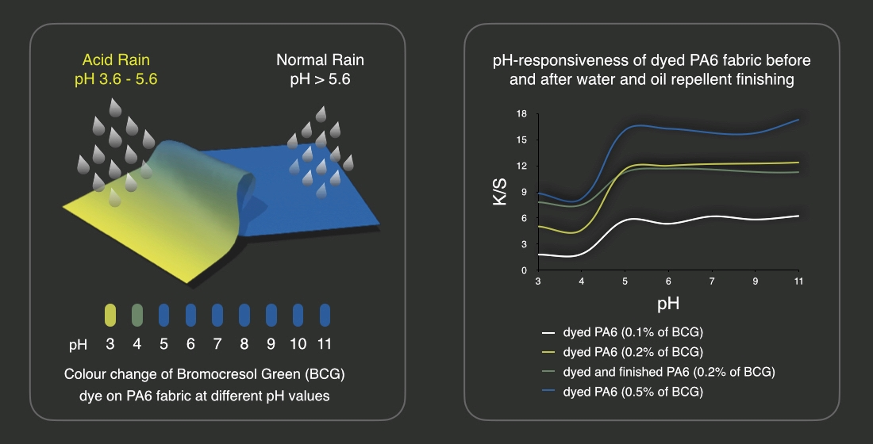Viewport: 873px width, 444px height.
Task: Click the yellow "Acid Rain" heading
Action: click(x=115, y=59)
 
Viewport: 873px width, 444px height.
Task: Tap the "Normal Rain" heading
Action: click(x=320, y=59)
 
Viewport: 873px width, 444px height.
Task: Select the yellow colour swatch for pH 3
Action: click(x=110, y=315)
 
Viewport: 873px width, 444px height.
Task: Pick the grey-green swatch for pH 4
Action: click(x=137, y=315)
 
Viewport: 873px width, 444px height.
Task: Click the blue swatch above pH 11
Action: click(x=325, y=315)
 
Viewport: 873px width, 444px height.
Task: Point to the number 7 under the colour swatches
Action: click(x=217, y=345)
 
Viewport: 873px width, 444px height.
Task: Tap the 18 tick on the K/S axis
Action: click(x=522, y=113)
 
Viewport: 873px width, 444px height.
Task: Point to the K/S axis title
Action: click(x=498, y=192)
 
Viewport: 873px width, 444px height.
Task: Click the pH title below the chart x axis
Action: click(x=667, y=303)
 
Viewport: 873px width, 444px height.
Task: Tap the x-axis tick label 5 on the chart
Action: click(x=625, y=281)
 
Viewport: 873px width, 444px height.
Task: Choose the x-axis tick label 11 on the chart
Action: click(x=798, y=281)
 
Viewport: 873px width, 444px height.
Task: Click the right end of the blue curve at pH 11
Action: click(x=798, y=120)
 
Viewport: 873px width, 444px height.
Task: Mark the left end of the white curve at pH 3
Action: click(x=540, y=255)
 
